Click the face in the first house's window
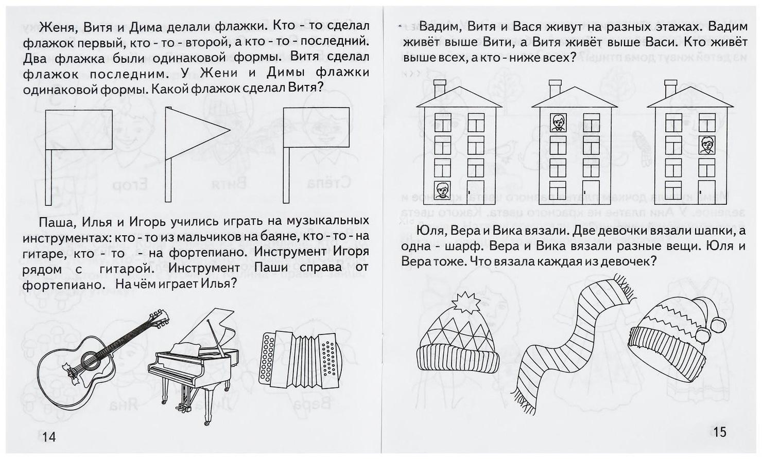click(x=442, y=190)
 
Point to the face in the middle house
click(x=558, y=123)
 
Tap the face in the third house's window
click(x=706, y=145)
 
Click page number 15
click(x=719, y=431)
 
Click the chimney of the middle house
click(x=555, y=89)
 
